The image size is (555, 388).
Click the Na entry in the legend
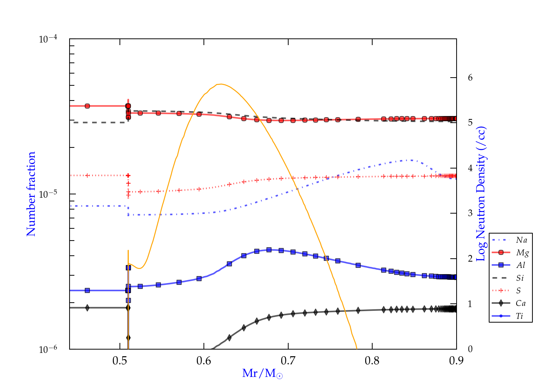pos(521,240)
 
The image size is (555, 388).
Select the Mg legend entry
pos(522,253)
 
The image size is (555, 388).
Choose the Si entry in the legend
pos(520,278)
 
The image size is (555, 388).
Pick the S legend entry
pos(519,291)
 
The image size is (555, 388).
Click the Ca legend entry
pos(521,303)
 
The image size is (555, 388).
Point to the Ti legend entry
pos(520,316)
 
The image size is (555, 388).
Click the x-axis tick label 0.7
pos(288,361)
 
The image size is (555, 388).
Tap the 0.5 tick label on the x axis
pos(120,361)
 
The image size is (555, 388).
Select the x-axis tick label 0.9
pos(456,361)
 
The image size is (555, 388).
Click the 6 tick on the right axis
pos(470,78)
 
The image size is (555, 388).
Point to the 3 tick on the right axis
pos(470,213)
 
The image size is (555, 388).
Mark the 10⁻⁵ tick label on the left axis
pos(48,194)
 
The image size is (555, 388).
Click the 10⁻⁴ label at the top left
pos(48,39)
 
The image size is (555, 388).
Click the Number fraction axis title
pos(31,194)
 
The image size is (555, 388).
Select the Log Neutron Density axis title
pos(481,194)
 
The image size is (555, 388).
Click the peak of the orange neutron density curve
pos(221,84)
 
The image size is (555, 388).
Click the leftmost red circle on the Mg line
pos(87,106)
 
